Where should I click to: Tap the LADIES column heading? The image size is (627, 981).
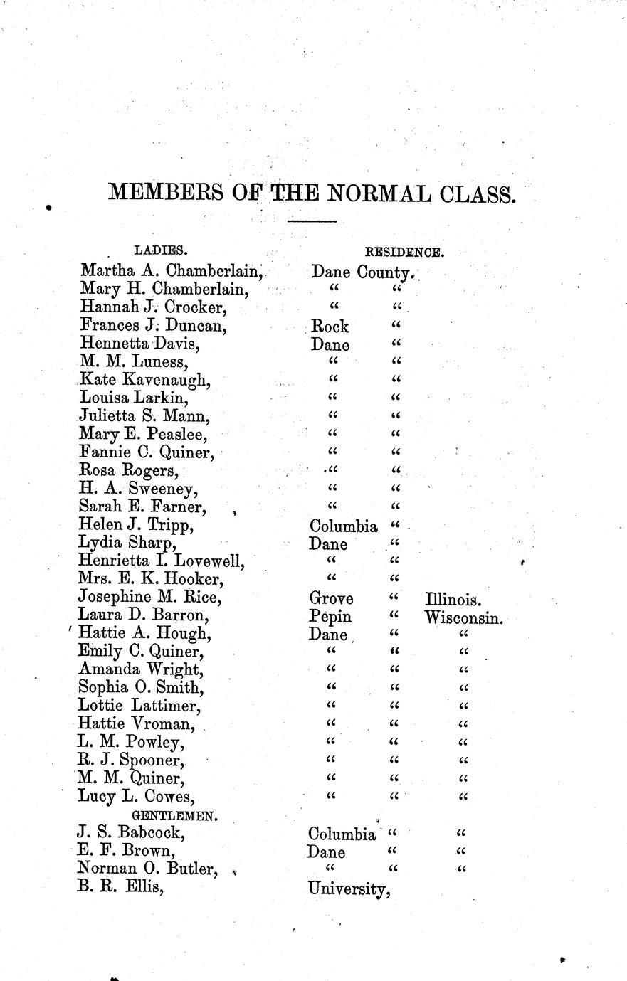pyautogui.click(x=161, y=250)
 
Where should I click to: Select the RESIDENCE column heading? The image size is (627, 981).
pyautogui.click(x=405, y=251)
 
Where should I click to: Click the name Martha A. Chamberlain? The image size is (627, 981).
pyautogui.click(x=172, y=271)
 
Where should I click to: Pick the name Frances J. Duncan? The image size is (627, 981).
pyautogui.click(x=154, y=326)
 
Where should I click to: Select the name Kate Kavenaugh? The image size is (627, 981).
pyautogui.click(x=145, y=380)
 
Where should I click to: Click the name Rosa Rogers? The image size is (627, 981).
pyautogui.click(x=129, y=471)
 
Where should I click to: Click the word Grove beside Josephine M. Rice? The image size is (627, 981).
pyautogui.click(x=332, y=599)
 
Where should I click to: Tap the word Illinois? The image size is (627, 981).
pyautogui.click(x=455, y=599)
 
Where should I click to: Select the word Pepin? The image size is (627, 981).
pyautogui.click(x=331, y=617)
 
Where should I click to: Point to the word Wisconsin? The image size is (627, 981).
pyautogui.click(x=464, y=617)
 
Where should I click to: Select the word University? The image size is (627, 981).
pyautogui.click(x=348, y=889)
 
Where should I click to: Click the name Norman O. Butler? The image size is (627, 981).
pyautogui.click(x=147, y=869)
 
